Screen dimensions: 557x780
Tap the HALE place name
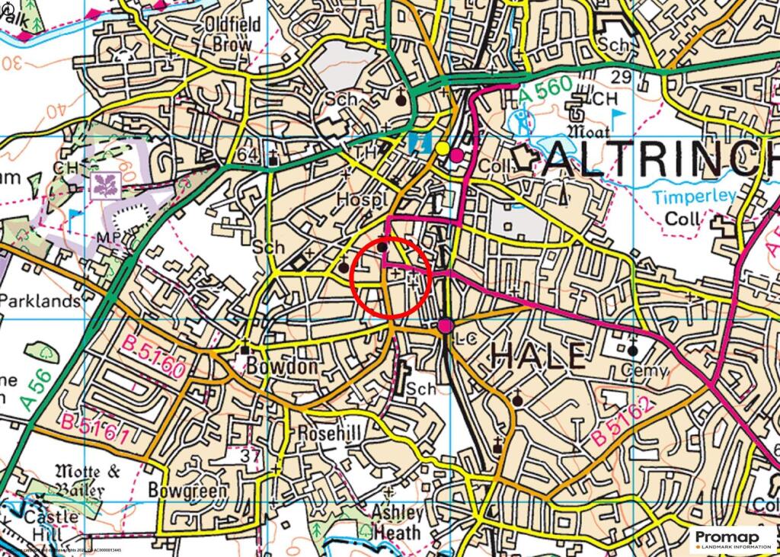(539, 357)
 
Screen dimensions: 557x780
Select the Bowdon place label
(270, 367)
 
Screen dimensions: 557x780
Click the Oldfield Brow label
(233, 34)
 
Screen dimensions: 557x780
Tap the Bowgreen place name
(187, 490)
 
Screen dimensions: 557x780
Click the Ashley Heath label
(396, 522)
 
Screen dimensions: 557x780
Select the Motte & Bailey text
(91, 479)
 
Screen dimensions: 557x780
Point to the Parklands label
(40, 301)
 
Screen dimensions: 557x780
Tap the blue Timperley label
(694, 197)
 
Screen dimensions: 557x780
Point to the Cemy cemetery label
(644, 371)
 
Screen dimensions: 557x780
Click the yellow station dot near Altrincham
(443, 148)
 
